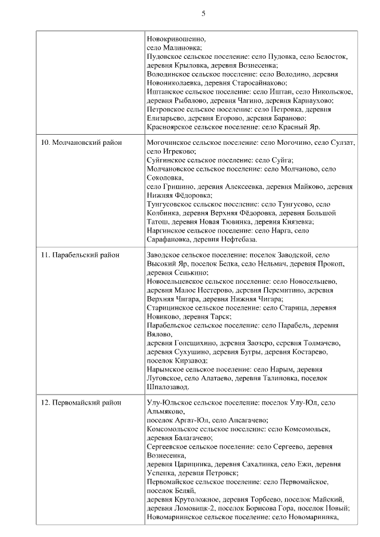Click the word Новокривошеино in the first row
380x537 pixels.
tap(176, 39)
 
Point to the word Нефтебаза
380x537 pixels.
tap(237, 240)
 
